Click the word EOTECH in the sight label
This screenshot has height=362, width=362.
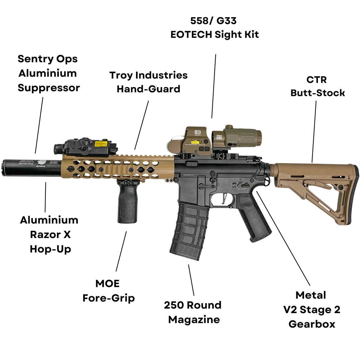tap(191, 35)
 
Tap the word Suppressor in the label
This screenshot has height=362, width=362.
tap(49, 88)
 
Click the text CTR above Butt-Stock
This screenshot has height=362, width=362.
tap(317, 80)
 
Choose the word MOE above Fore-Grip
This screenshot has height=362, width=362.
tap(107, 284)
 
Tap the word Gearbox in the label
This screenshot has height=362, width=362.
tap(312, 324)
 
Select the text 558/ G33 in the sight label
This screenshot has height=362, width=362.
tap(214, 21)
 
